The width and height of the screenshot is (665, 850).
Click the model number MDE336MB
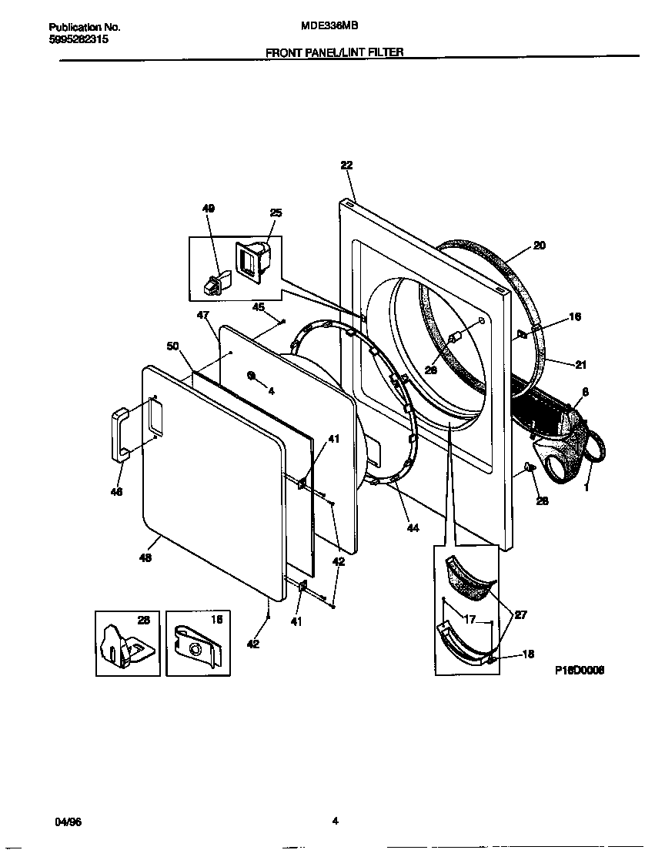[330, 25]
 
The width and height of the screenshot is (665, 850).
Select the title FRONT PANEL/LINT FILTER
[334, 52]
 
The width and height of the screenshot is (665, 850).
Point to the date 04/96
[69, 822]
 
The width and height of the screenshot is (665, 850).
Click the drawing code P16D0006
[580, 670]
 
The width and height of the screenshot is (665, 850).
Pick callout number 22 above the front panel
[346, 165]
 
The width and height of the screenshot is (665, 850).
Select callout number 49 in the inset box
[209, 209]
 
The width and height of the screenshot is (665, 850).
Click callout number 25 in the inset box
[276, 212]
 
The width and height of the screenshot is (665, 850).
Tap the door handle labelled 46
[120, 436]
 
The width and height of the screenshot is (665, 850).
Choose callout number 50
[173, 346]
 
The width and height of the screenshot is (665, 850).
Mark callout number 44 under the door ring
[413, 528]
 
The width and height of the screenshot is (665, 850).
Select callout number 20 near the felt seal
[539, 246]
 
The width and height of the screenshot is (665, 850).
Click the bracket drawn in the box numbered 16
[196, 647]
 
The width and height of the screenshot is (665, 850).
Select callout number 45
[259, 306]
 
